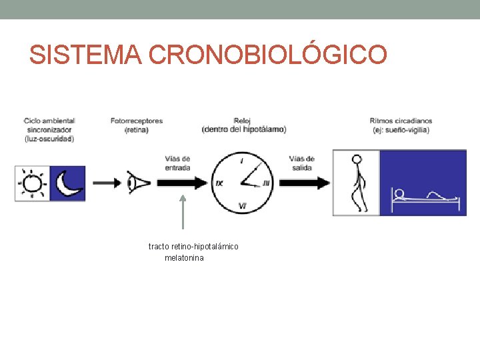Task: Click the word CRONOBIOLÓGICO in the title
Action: click(267, 55)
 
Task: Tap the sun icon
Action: click(33, 183)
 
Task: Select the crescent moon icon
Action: click(68, 183)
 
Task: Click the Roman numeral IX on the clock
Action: click(219, 183)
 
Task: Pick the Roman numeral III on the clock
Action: click(265, 183)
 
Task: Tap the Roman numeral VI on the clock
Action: click(242, 206)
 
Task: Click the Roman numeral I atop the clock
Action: click(241, 162)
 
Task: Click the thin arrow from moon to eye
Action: click(107, 182)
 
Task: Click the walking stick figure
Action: click(358, 183)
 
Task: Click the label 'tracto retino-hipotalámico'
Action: click(193, 247)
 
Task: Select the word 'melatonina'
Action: click(184, 257)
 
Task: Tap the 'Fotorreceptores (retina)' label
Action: click(137, 125)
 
